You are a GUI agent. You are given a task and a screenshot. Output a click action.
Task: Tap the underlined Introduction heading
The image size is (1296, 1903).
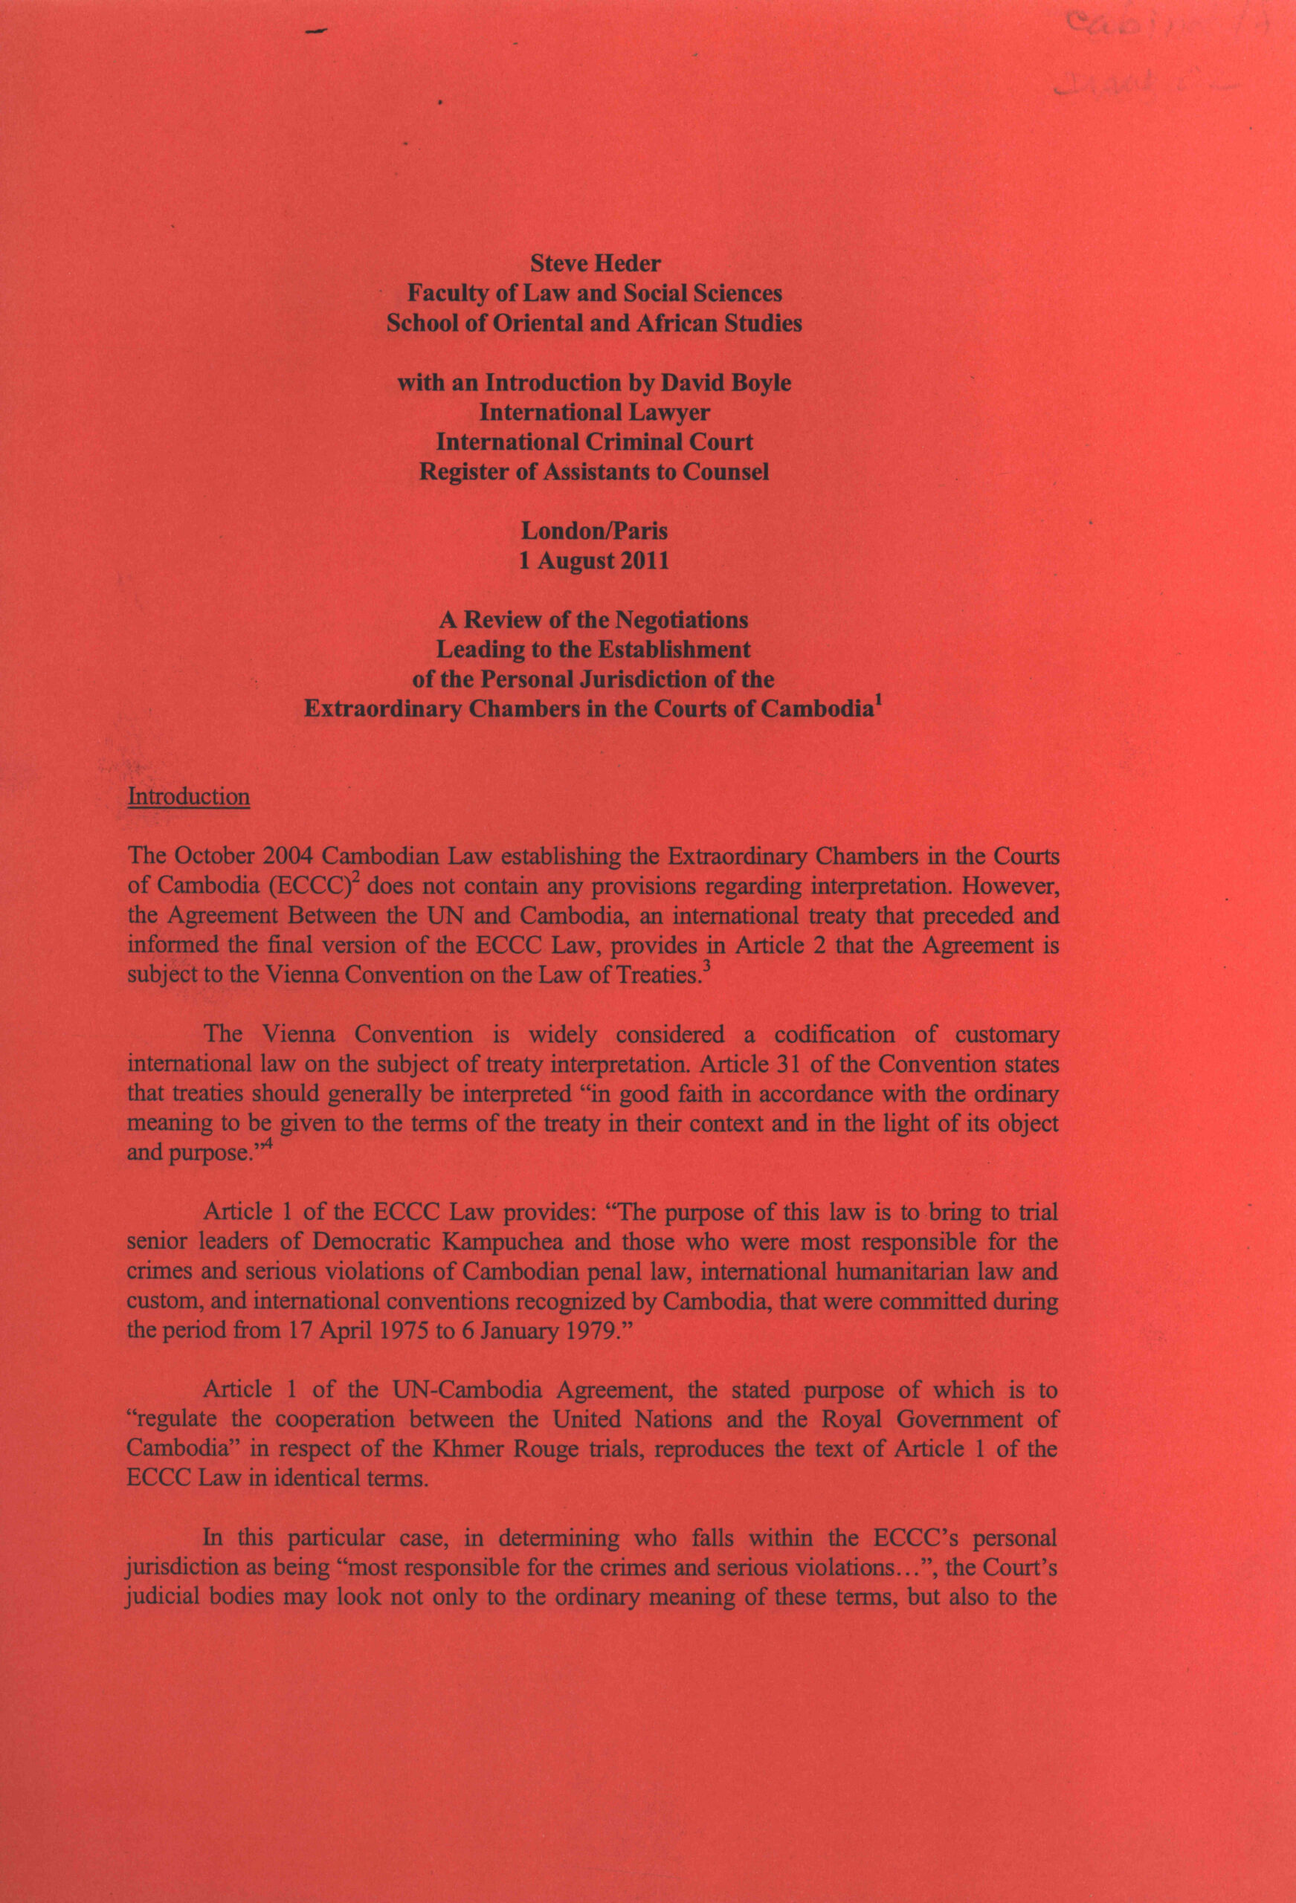[x=188, y=797]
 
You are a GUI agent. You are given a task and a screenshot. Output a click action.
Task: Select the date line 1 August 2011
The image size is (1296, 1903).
[x=595, y=562]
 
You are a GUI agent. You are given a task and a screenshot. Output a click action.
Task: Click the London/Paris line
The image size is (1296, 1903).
[x=595, y=532]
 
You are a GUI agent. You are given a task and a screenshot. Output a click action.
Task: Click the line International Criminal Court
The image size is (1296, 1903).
[x=595, y=442]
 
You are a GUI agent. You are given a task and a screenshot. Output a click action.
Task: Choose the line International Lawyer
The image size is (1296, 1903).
[x=595, y=413]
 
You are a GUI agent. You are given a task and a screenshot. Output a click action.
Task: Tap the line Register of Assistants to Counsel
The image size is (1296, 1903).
[x=595, y=473]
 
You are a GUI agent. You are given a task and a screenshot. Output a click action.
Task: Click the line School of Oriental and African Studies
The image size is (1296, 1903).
[x=595, y=323]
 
